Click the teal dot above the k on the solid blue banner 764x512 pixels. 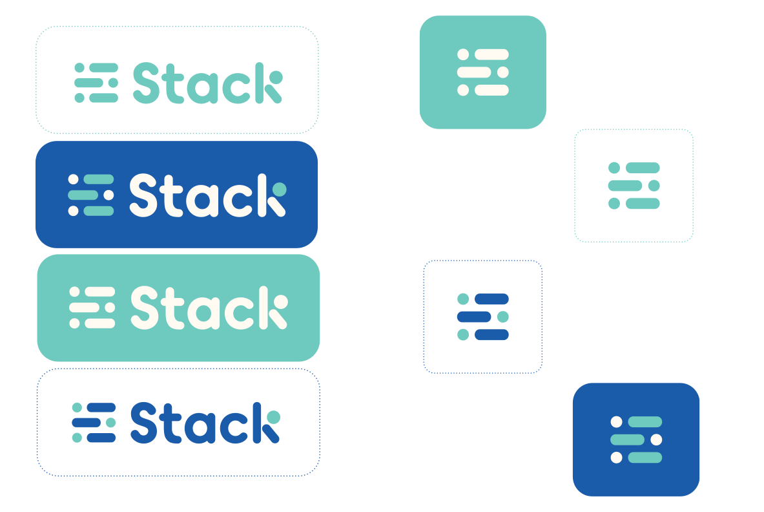click(280, 189)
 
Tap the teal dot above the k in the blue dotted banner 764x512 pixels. click(273, 417)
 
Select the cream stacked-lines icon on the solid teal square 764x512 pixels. click(483, 72)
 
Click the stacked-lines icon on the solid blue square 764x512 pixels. click(636, 440)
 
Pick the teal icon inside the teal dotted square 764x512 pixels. click(634, 186)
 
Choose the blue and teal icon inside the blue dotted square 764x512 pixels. click(483, 317)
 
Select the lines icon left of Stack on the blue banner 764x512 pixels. click(91, 195)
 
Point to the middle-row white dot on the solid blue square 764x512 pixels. click(656, 440)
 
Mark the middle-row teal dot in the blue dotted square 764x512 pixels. click(503, 317)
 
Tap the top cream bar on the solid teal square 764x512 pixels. click(492, 54)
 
